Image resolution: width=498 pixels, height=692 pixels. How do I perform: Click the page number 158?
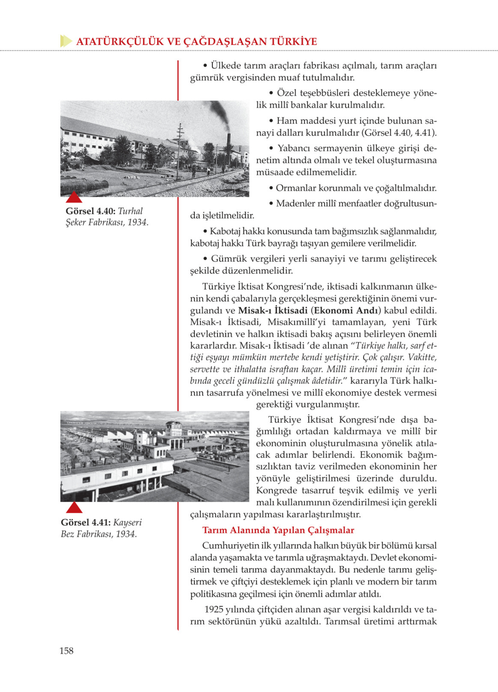pos(66,651)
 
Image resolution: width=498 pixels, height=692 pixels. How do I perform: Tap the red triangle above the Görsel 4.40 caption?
pos(74,198)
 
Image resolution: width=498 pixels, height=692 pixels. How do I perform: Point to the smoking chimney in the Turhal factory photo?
pos(228,150)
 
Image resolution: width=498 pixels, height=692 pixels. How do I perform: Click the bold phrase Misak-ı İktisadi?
pos(273,311)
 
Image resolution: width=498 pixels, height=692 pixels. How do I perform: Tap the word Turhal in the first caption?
pos(130,211)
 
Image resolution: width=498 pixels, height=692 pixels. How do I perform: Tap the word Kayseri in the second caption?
pos(128,522)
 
